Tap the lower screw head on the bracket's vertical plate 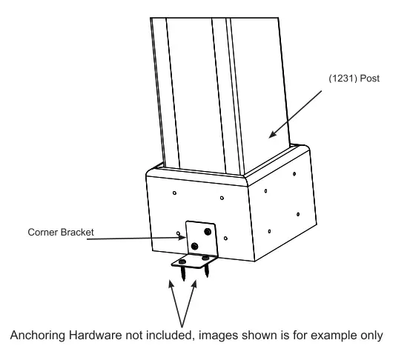194,245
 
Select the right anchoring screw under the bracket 207,267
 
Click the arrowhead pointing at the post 272,136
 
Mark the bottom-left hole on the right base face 269,231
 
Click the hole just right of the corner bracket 225,239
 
